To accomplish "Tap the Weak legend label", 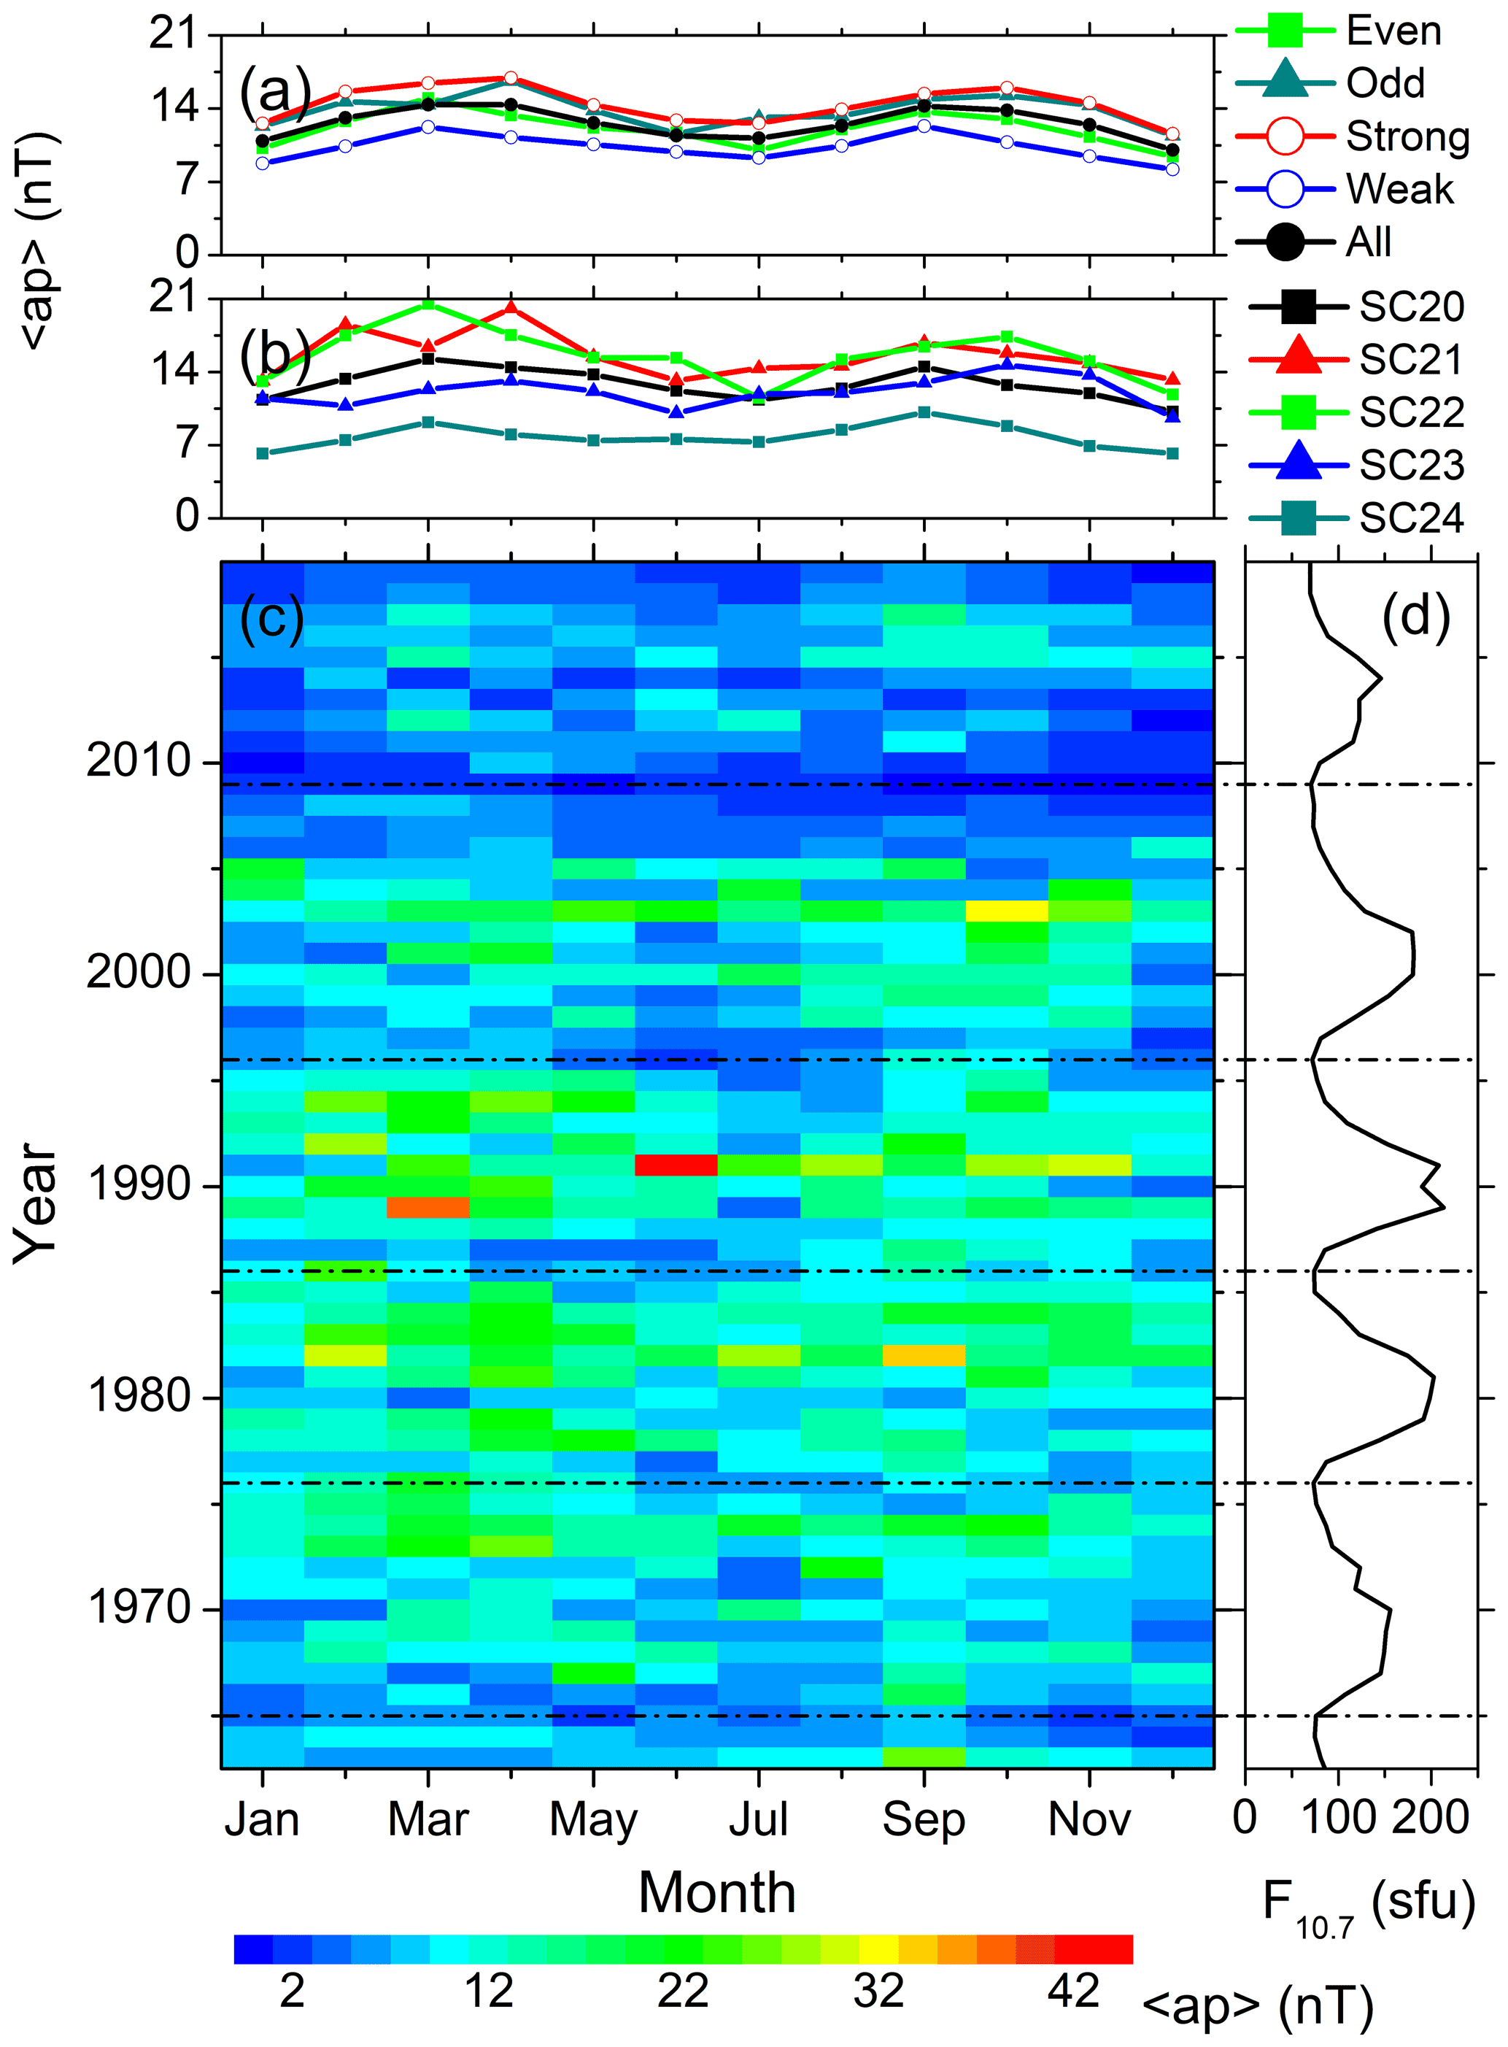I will (x=1399, y=189).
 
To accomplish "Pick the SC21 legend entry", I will (x=1410, y=360).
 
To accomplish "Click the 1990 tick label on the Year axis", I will (x=139, y=1185).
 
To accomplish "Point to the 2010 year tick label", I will (x=139, y=760).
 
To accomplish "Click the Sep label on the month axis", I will (x=923, y=1819).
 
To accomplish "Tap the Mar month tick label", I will (x=428, y=1819).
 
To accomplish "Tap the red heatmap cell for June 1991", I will (x=676, y=1165).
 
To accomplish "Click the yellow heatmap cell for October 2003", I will (x=1007, y=910).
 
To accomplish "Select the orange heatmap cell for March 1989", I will (x=428, y=1207).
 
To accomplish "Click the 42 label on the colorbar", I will (x=1073, y=1990).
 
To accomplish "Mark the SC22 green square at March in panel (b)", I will (x=428, y=304).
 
